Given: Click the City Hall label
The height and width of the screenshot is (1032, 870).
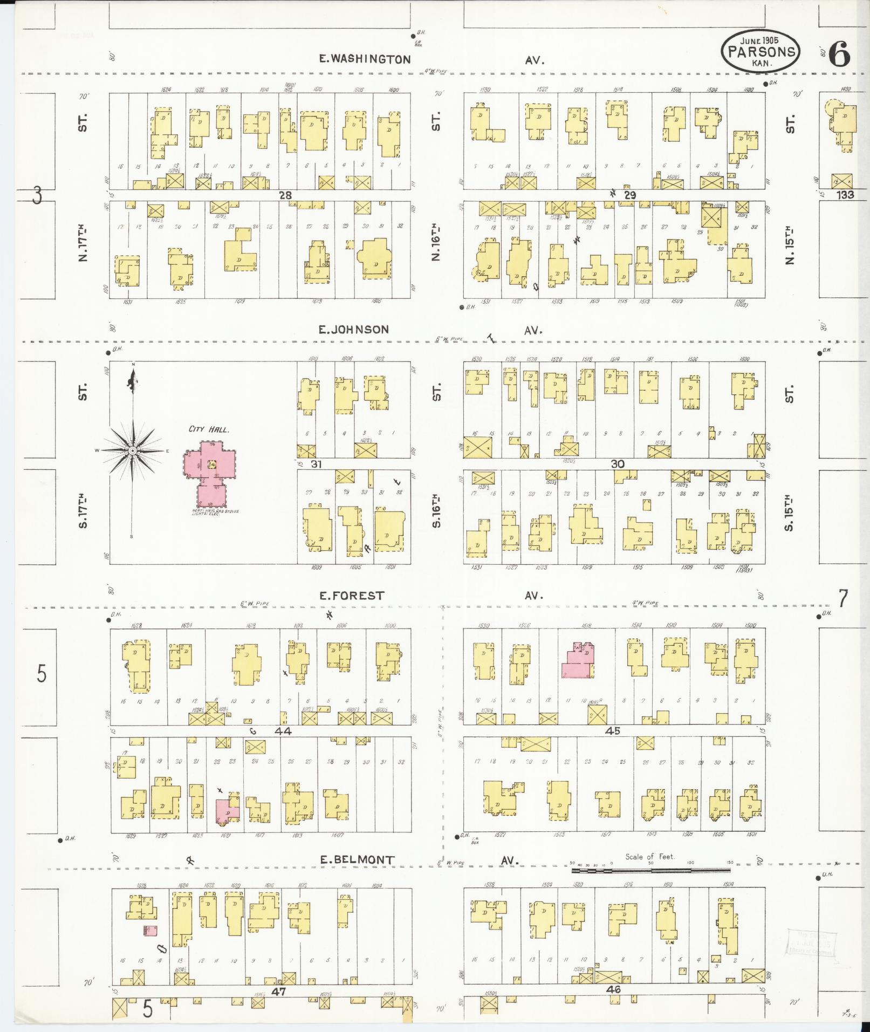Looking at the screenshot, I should tap(209, 429).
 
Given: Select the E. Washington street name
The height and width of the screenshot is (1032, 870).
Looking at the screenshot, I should tap(365, 59).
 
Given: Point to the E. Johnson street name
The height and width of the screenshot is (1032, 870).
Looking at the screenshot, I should tap(353, 329).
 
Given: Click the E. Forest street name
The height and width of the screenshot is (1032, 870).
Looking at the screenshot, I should tap(352, 596).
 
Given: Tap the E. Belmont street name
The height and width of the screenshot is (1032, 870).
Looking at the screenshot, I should tap(357, 860).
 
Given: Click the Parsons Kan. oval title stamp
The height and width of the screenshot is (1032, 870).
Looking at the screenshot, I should tap(761, 50).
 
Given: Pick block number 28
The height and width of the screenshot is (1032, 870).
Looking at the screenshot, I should tap(285, 195).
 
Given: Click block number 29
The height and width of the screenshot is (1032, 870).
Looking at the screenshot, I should tap(629, 195).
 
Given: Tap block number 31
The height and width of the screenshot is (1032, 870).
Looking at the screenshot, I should tap(316, 464).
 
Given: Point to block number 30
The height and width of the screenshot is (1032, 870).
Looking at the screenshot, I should tap(618, 464).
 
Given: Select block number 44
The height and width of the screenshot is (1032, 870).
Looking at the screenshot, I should tap(283, 731).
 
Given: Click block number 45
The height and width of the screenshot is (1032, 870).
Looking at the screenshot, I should tap(613, 731).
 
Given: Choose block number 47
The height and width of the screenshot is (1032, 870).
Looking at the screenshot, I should tap(278, 991).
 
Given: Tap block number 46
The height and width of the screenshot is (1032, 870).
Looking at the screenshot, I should tap(613, 990).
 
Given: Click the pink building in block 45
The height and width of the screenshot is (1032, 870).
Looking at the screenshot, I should tap(578, 660).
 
